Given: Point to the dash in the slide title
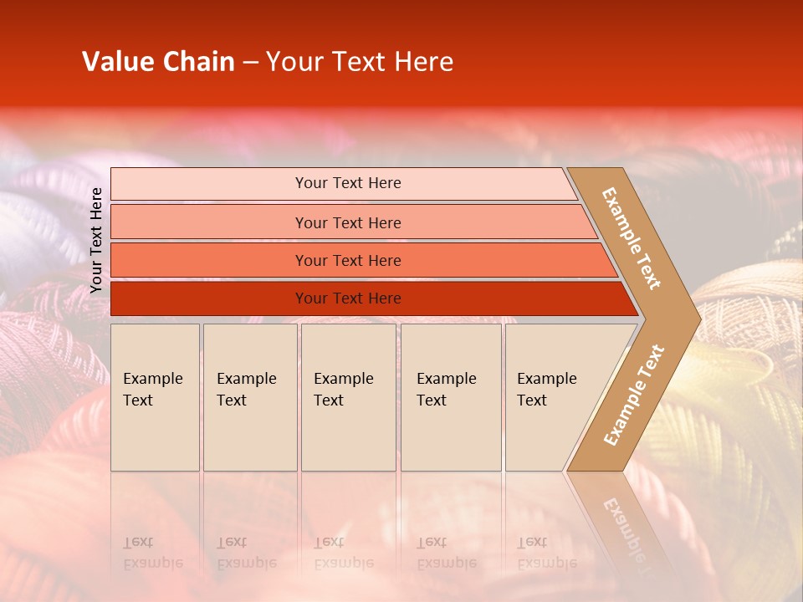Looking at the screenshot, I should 250,63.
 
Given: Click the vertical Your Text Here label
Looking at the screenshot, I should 96,241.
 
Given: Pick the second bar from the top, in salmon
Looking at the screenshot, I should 347,222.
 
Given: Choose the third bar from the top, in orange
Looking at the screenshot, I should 347,260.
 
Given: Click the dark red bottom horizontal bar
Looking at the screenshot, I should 347,298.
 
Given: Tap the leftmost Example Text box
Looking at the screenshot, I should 155,396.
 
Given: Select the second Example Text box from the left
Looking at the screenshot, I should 249,396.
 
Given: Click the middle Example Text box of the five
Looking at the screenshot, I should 347,396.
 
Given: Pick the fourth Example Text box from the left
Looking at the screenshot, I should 450,396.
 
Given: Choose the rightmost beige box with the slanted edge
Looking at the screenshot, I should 552,396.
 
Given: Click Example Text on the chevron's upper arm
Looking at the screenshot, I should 632,238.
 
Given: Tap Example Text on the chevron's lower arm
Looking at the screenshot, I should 634,395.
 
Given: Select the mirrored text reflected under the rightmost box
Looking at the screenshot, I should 545,553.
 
